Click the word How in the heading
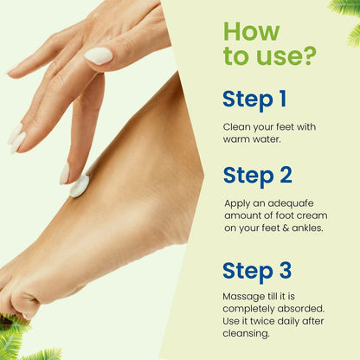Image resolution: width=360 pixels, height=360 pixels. coord(252,32)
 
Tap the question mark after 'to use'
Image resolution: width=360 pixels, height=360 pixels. coord(309,57)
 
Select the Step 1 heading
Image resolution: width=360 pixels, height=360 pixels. coord(254,99)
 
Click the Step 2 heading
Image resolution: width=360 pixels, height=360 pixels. coord(257,176)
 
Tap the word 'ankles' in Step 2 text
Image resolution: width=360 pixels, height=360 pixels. coord(305,229)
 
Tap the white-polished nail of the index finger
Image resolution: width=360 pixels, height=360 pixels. coord(99,55)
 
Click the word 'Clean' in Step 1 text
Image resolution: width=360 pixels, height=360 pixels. coord(237,127)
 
